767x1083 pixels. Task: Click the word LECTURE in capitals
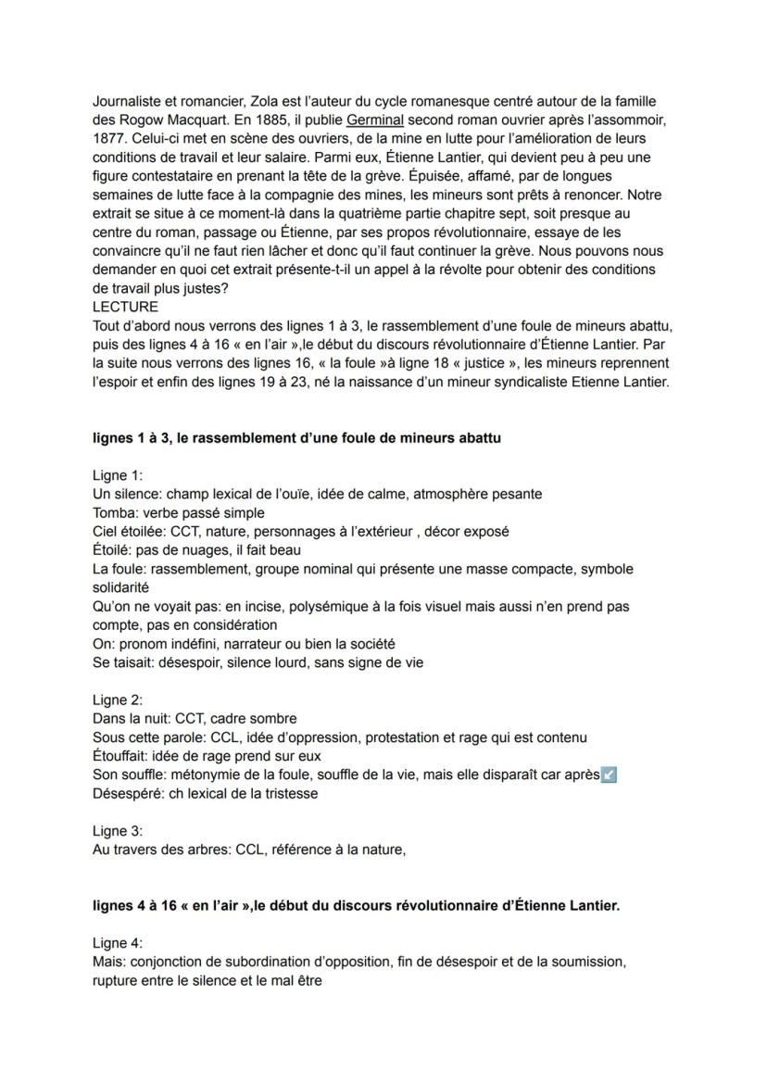pyautogui.click(x=125, y=307)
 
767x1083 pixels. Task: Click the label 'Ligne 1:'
pyautogui.click(x=118, y=475)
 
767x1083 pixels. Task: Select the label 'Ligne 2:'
pyautogui.click(x=118, y=699)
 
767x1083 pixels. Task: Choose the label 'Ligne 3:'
pyautogui.click(x=118, y=831)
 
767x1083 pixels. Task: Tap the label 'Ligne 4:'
pyautogui.click(x=118, y=943)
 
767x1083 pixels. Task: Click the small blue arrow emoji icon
pyautogui.click(x=609, y=774)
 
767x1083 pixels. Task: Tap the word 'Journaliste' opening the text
pyautogui.click(x=129, y=101)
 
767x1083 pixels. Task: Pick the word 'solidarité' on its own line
pyautogui.click(x=120, y=587)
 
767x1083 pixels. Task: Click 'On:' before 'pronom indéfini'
pyautogui.click(x=103, y=643)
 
